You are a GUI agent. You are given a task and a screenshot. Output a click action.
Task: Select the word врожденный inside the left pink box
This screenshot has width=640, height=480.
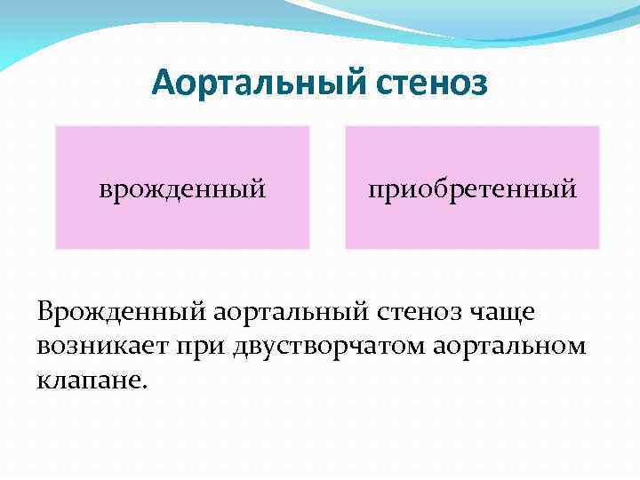click(x=182, y=188)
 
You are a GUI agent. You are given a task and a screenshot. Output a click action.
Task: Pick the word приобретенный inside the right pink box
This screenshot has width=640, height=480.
click(x=473, y=188)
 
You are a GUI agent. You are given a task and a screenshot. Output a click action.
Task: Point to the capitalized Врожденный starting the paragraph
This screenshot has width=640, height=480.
click(x=120, y=312)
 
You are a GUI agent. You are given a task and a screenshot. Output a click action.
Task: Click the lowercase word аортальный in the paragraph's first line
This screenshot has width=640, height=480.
click(x=286, y=312)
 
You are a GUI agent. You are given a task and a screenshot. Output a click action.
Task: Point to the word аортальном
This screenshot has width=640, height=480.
click(x=509, y=345)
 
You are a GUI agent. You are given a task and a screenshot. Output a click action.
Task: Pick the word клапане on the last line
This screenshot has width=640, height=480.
click(x=92, y=379)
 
